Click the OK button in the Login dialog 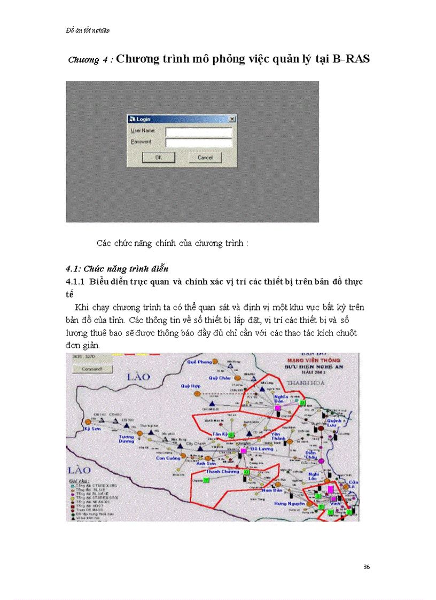tap(159, 158)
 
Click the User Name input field tap(199, 131)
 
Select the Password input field tap(199, 143)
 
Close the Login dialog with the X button tap(231, 119)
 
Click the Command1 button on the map tap(91, 369)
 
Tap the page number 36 tap(366, 566)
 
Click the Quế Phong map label tap(196, 362)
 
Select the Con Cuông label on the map tap(168, 458)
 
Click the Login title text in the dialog tap(144, 119)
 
